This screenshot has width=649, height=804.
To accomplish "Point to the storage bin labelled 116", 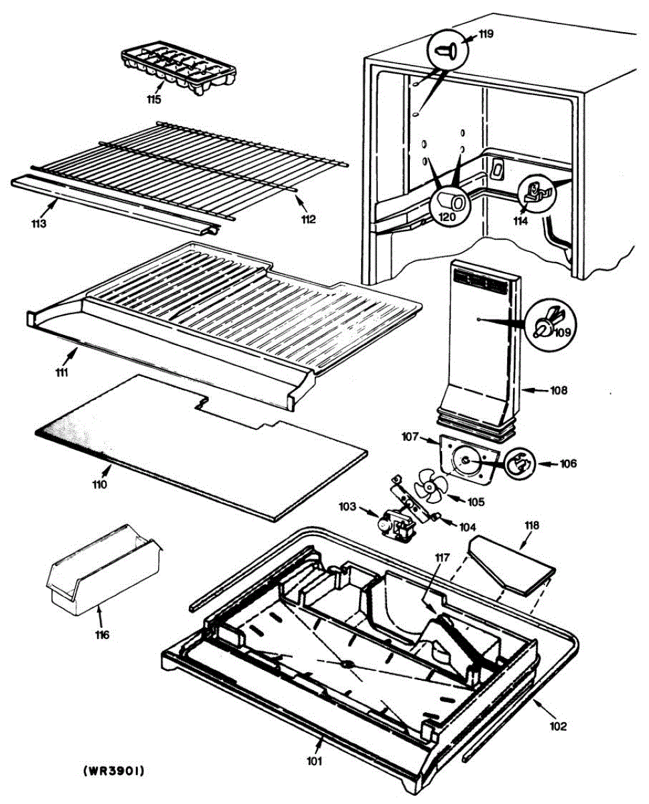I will click(x=102, y=574).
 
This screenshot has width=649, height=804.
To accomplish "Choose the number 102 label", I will click(x=559, y=726).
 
